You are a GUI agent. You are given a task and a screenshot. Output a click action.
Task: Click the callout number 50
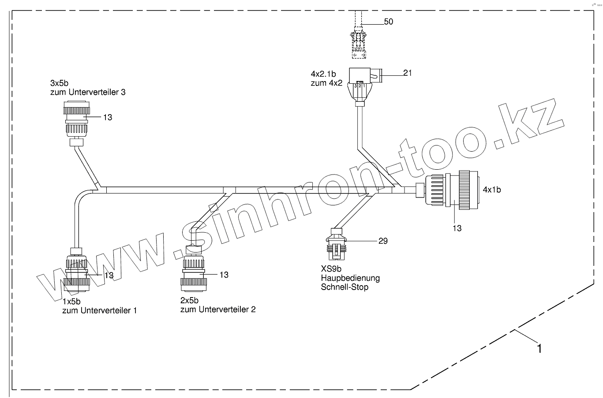(388, 22)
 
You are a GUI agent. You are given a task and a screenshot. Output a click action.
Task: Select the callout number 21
(407, 73)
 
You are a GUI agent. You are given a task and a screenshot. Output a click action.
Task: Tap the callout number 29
(382, 241)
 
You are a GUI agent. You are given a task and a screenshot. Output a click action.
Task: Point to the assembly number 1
(539, 348)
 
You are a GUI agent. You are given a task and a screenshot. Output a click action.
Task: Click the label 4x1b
(491, 190)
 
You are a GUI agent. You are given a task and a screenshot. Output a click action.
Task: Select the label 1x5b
(71, 301)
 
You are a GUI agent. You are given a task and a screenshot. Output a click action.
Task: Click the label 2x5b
(189, 301)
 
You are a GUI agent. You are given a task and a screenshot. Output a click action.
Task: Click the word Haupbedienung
(350, 278)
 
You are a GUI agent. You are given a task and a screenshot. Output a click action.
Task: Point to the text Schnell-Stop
(345, 287)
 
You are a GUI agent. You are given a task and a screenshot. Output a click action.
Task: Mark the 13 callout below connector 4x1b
(457, 228)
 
